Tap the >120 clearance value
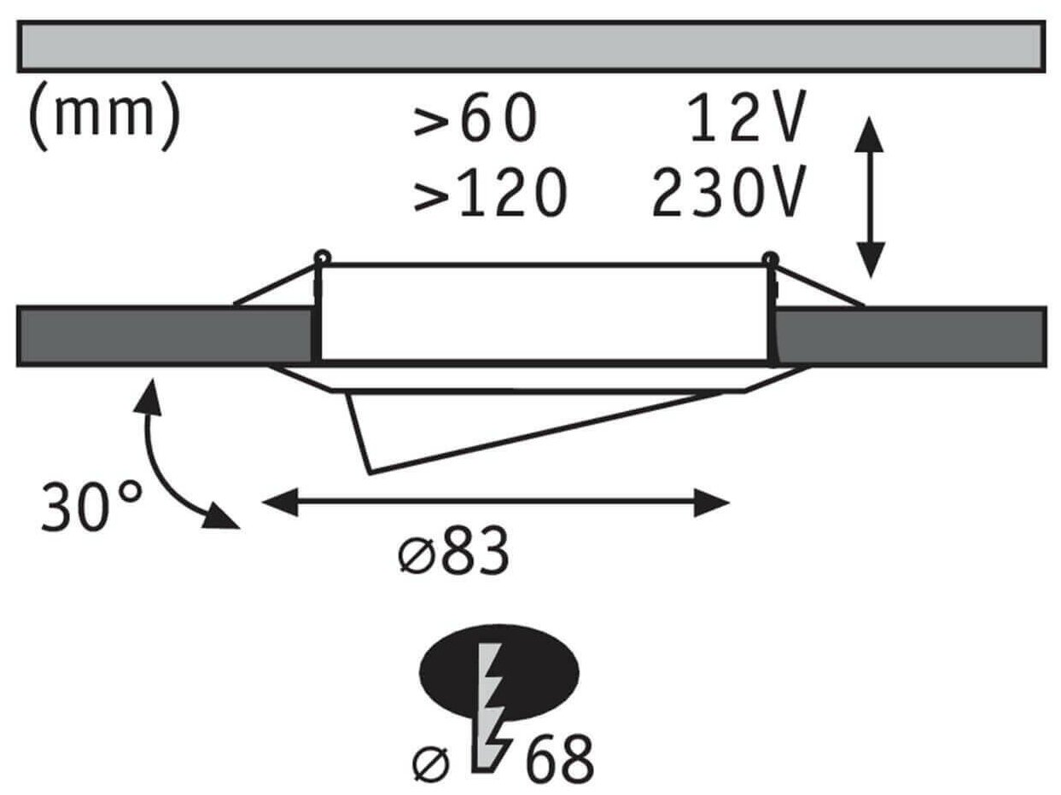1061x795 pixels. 490,192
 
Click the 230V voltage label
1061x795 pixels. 727,192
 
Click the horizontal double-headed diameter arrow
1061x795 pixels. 495,503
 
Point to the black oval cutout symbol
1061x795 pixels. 498,671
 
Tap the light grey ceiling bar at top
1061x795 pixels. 530,46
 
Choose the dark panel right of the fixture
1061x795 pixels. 910,336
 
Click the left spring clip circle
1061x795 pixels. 321,255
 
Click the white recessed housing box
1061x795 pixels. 546,312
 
